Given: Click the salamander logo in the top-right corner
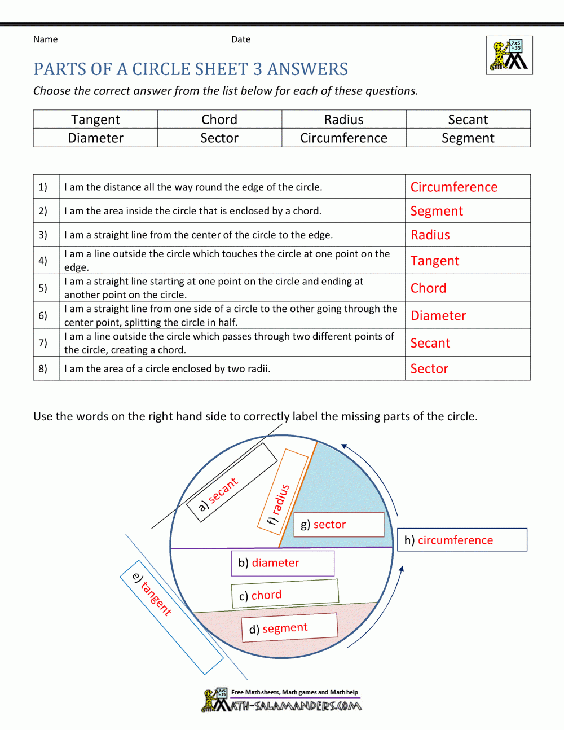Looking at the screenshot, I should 509,55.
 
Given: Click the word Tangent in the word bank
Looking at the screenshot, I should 95,120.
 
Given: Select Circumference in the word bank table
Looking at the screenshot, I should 343,138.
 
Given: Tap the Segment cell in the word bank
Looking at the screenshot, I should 468,138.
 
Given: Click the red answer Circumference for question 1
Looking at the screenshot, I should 454,187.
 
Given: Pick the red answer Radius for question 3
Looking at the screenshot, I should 430,235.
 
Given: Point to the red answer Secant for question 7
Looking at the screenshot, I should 430,344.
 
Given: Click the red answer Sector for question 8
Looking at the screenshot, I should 429,369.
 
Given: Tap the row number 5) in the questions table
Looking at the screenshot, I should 43,288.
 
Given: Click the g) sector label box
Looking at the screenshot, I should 338,525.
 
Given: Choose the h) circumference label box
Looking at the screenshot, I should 462,540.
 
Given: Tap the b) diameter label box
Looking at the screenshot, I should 283,563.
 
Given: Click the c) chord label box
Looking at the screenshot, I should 285,595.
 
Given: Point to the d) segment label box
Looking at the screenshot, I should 289,628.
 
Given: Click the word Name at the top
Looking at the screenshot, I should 45,39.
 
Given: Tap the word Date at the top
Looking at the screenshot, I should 241,39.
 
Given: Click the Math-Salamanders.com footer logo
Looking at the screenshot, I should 281,701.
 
